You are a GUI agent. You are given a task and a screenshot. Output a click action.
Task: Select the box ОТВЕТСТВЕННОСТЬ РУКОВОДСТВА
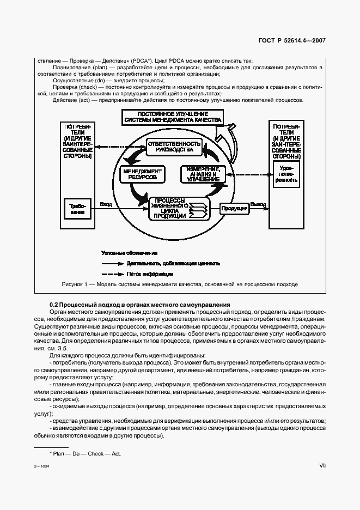click(174, 146)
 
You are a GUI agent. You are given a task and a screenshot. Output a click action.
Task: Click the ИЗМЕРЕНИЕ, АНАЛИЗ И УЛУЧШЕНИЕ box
click(202, 174)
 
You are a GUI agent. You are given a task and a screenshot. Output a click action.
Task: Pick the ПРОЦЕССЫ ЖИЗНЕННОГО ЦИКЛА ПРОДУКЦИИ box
click(170, 208)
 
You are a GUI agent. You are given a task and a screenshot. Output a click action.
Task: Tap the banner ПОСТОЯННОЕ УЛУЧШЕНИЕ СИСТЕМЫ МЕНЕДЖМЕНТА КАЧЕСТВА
click(172, 116)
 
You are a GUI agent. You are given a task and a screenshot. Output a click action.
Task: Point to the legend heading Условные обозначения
click(130, 253)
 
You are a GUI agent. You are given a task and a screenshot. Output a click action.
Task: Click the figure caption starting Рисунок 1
click(180, 284)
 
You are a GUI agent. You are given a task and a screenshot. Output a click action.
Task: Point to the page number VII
click(322, 465)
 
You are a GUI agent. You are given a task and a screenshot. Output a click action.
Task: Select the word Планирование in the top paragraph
click(70, 67)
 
